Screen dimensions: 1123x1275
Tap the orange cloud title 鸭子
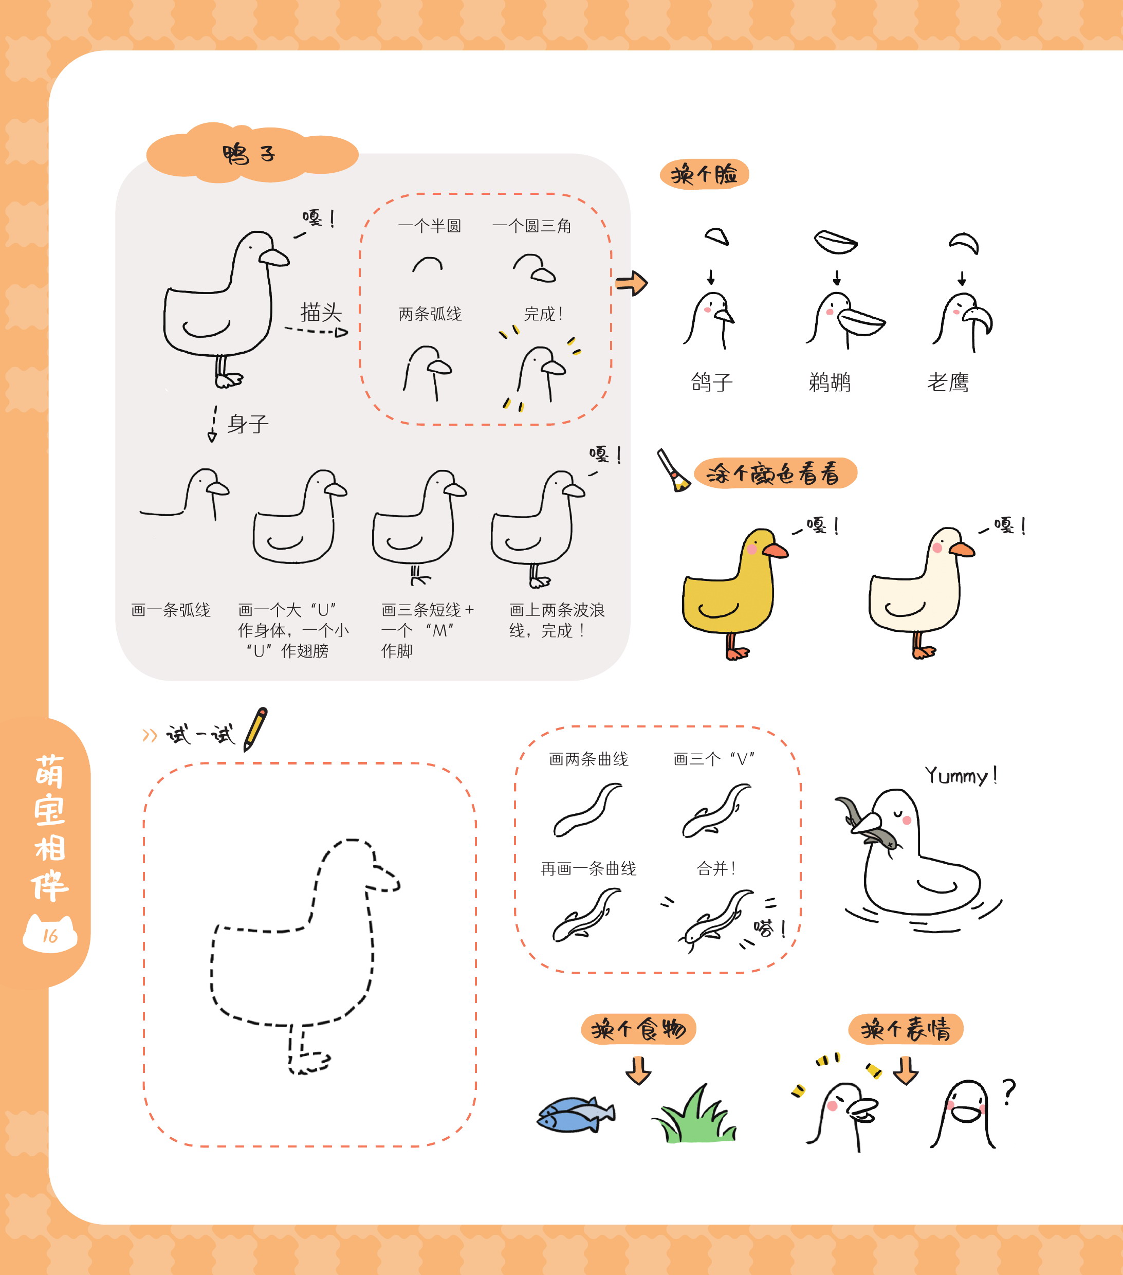point(249,153)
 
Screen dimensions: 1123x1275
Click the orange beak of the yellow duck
point(775,550)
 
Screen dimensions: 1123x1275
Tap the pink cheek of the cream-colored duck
point(937,548)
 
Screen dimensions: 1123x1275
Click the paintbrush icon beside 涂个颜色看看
point(673,470)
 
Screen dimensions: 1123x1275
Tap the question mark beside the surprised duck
point(1009,1091)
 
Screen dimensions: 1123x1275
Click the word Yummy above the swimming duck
point(956,776)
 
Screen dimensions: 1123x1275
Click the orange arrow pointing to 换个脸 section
point(632,283)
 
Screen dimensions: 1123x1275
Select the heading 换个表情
point(906,1029)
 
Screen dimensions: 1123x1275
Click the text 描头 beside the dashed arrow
point(321,312)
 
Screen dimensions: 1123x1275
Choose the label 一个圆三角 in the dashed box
point(532,225)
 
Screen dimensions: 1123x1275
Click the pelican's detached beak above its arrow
point(836,242)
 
